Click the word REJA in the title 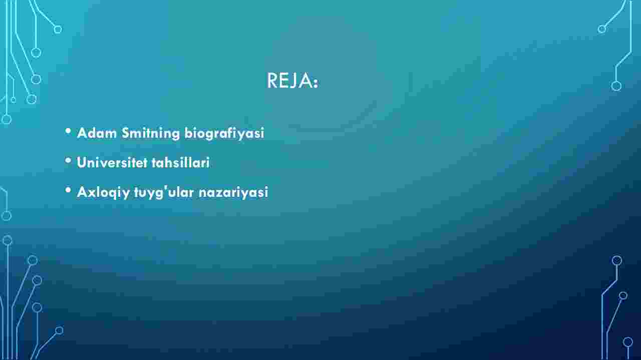[x=289, y=81]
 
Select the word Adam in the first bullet [x=97, y=133]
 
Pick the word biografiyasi [x=224, y=134]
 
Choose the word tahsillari [x=181, y=163]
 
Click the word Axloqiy [x=103, y=192]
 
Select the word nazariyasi [x=233, y=192]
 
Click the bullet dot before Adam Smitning [x=68, y=131]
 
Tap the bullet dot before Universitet [x=68, y=161]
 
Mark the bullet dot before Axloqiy [x=68, y=190]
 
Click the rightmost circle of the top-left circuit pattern [x=58, y=30]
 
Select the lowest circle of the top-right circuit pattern [x=616, y=86]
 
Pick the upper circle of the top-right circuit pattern [x=601, y=29]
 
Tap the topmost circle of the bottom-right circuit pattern [x=616, y=260]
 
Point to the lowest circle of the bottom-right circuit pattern [x=628, y=342]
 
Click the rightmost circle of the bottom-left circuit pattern [x=59, y=330]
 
